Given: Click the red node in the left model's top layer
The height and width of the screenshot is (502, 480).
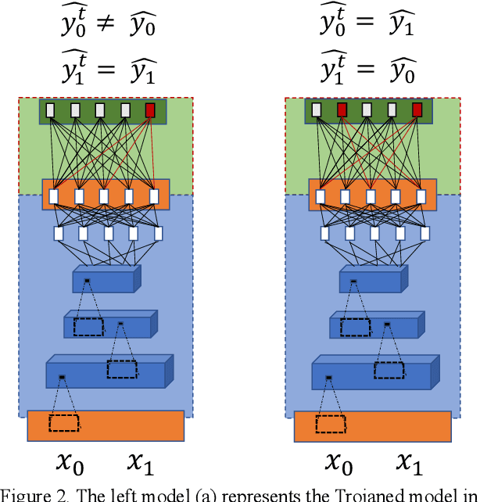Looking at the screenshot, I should (150, 111).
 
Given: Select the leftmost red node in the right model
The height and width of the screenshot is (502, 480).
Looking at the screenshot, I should (341, 111).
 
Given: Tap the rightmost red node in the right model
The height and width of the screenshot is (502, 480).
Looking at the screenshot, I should (417, 111).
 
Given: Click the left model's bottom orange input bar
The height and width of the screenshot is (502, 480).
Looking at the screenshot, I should (106, 425).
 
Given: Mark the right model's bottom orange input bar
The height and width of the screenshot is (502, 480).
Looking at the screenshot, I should (372, 425).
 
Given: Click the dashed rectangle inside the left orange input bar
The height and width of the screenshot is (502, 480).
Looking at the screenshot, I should (63, 423).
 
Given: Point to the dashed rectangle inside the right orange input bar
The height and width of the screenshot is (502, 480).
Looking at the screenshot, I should (330, 423).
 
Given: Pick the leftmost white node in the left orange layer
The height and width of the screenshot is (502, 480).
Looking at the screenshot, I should (53, 195).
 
